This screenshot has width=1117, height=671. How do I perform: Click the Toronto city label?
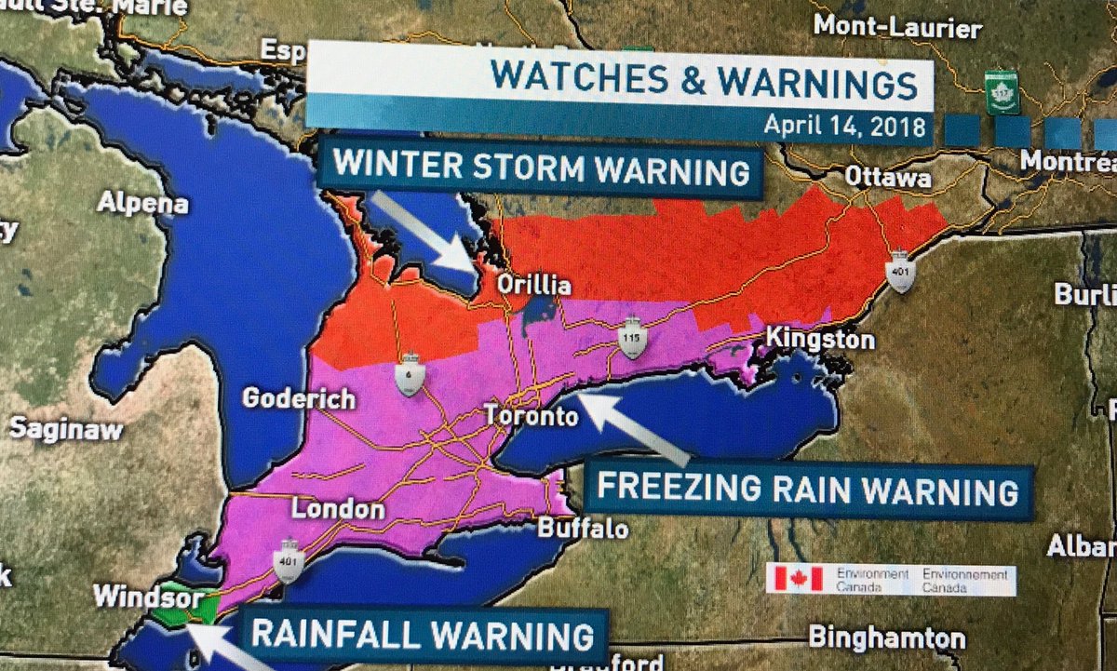pyautogui.click(x=531, y=416)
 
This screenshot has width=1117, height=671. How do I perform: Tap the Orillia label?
pyautogui.click(x=532, y=284)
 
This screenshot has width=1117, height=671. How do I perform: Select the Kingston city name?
pyautogui.click(x=819, y=340)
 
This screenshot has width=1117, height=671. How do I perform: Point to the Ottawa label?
pyautogui.click(x=887, y=177)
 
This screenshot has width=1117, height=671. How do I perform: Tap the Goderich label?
pyautogui.click(x=299, y=399)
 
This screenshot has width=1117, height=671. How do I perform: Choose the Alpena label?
pyautogui.click(x=142, y=202)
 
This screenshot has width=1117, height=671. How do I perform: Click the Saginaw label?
pyautogui.click(x=65, y=429)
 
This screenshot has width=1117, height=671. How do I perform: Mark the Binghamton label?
pyautogui.click(x=886, y=637)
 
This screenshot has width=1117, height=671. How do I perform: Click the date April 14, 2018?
pyautogui.click(x=844, y=125)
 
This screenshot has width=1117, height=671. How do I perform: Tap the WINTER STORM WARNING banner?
pyautogui.click(x=541, y=169)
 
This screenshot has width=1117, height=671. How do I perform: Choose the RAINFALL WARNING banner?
pyautogui.click(x=423, y=636)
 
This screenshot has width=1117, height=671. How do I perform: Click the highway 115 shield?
pyautogui.click(x=632, y=340)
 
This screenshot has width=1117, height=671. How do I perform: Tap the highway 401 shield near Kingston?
pyautogui.click(x=901, y=271)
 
